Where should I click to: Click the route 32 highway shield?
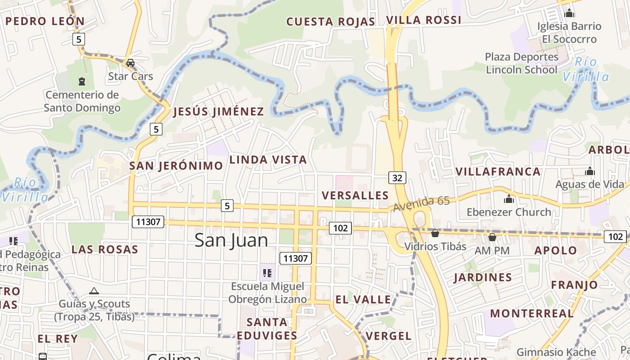[397, 178]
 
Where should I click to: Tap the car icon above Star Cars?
[130, 63]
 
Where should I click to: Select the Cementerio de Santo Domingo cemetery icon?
[82, 81]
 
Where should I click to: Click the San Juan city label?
[231, 240]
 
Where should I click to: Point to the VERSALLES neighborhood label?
[355, 195]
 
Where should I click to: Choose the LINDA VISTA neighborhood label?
[268, 160]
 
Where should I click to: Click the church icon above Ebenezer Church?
[509, 198]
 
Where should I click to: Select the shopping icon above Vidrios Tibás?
[435, 233]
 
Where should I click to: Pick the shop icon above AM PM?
[492, 237]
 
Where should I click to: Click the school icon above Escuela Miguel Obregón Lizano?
[267, 273]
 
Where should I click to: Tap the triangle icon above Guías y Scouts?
[94, 291]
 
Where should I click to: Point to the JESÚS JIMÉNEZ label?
[218, 112]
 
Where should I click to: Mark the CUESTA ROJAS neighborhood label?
[330, 22]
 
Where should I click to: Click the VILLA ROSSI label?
[423, 20]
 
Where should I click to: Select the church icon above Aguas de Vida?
[589, 171]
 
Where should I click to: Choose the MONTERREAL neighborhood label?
[531, 313]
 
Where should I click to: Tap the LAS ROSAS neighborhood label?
[104, 249]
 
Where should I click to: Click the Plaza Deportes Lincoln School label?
[522, 63]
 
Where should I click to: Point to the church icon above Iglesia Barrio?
[569, 13]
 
